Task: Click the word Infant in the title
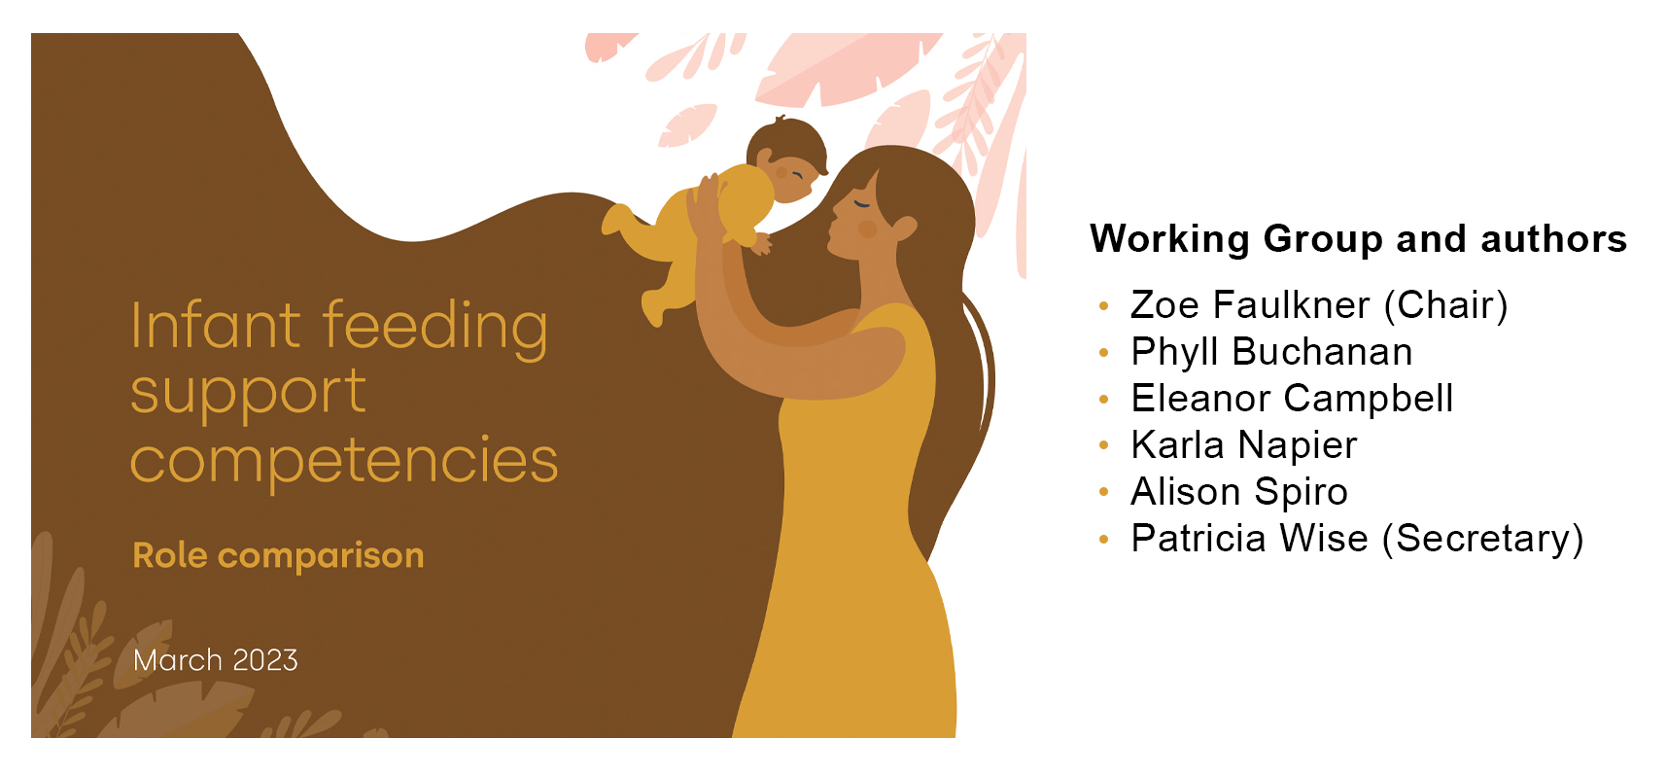(x=216, y=326)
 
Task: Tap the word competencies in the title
(x=344, y=460)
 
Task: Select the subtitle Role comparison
(x=278, y=555)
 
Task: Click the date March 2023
(x=216, y=660)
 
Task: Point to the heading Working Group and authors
(x=1358, y=239)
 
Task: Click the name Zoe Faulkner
(x=1251, y=305)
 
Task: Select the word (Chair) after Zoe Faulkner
(x=1446, y=305)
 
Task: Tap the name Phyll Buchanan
(x=1271, y=352)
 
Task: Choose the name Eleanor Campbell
(x=1292, y=399)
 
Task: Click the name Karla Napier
(x=1243, y=445)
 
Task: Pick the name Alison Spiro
(x=1239, y=492)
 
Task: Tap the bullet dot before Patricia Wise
(x=1103, y=540)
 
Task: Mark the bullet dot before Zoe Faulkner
(x=1103, y=306)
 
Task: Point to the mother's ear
(x=904, y=229)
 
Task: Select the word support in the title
(x=248, y=394)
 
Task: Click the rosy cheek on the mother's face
(x=867, y=229)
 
